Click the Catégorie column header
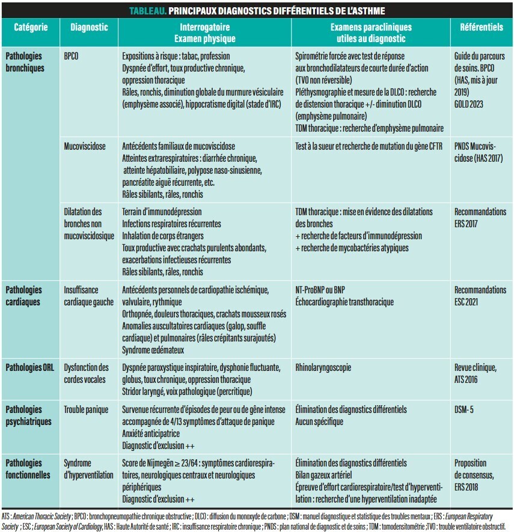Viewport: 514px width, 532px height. tap(26, 28)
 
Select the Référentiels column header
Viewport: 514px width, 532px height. tap(481, 28)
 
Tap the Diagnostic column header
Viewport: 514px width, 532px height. tap(89, 28)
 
